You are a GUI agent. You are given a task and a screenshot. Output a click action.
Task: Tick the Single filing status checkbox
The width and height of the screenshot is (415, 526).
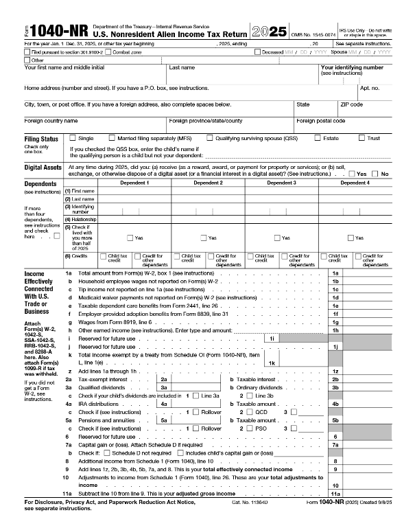[x=73, y=138]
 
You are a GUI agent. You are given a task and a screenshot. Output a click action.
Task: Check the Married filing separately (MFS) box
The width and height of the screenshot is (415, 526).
[x=112, y=138]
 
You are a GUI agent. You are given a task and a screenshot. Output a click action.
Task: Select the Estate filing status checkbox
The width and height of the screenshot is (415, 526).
[x=317, y=138]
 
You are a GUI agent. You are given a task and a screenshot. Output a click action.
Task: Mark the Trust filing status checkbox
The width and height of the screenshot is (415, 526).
[x=361, y=138]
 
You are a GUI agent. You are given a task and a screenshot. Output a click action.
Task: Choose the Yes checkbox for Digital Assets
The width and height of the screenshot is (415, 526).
[x=352, y=173]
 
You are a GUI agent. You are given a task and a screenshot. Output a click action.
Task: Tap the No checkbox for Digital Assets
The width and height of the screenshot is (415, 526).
[x=376, y=173]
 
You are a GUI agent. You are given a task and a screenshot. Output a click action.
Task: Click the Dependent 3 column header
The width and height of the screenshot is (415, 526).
[x=281, y=183]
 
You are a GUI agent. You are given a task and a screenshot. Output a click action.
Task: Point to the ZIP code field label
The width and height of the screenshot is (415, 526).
[x=351, y=104]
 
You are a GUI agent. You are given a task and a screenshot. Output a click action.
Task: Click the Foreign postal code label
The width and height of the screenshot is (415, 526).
[x=320, y=120]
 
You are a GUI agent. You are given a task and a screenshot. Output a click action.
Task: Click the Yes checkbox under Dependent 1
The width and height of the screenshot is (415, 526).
[x=129, y=238]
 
